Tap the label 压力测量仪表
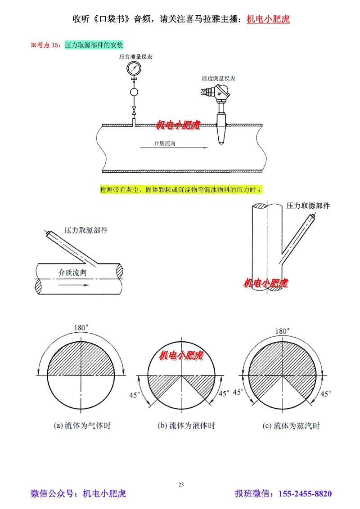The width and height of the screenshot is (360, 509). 133,57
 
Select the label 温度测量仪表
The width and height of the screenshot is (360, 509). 219,78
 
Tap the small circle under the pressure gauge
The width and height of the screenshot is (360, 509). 134,93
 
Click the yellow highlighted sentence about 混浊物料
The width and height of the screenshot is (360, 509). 181,190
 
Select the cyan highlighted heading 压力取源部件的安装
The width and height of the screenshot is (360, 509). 94,45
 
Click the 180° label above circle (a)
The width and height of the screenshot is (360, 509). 82,328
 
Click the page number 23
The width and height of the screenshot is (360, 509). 181,484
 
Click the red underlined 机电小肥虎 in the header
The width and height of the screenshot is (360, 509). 268,19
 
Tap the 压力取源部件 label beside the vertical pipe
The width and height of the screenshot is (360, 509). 308,205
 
